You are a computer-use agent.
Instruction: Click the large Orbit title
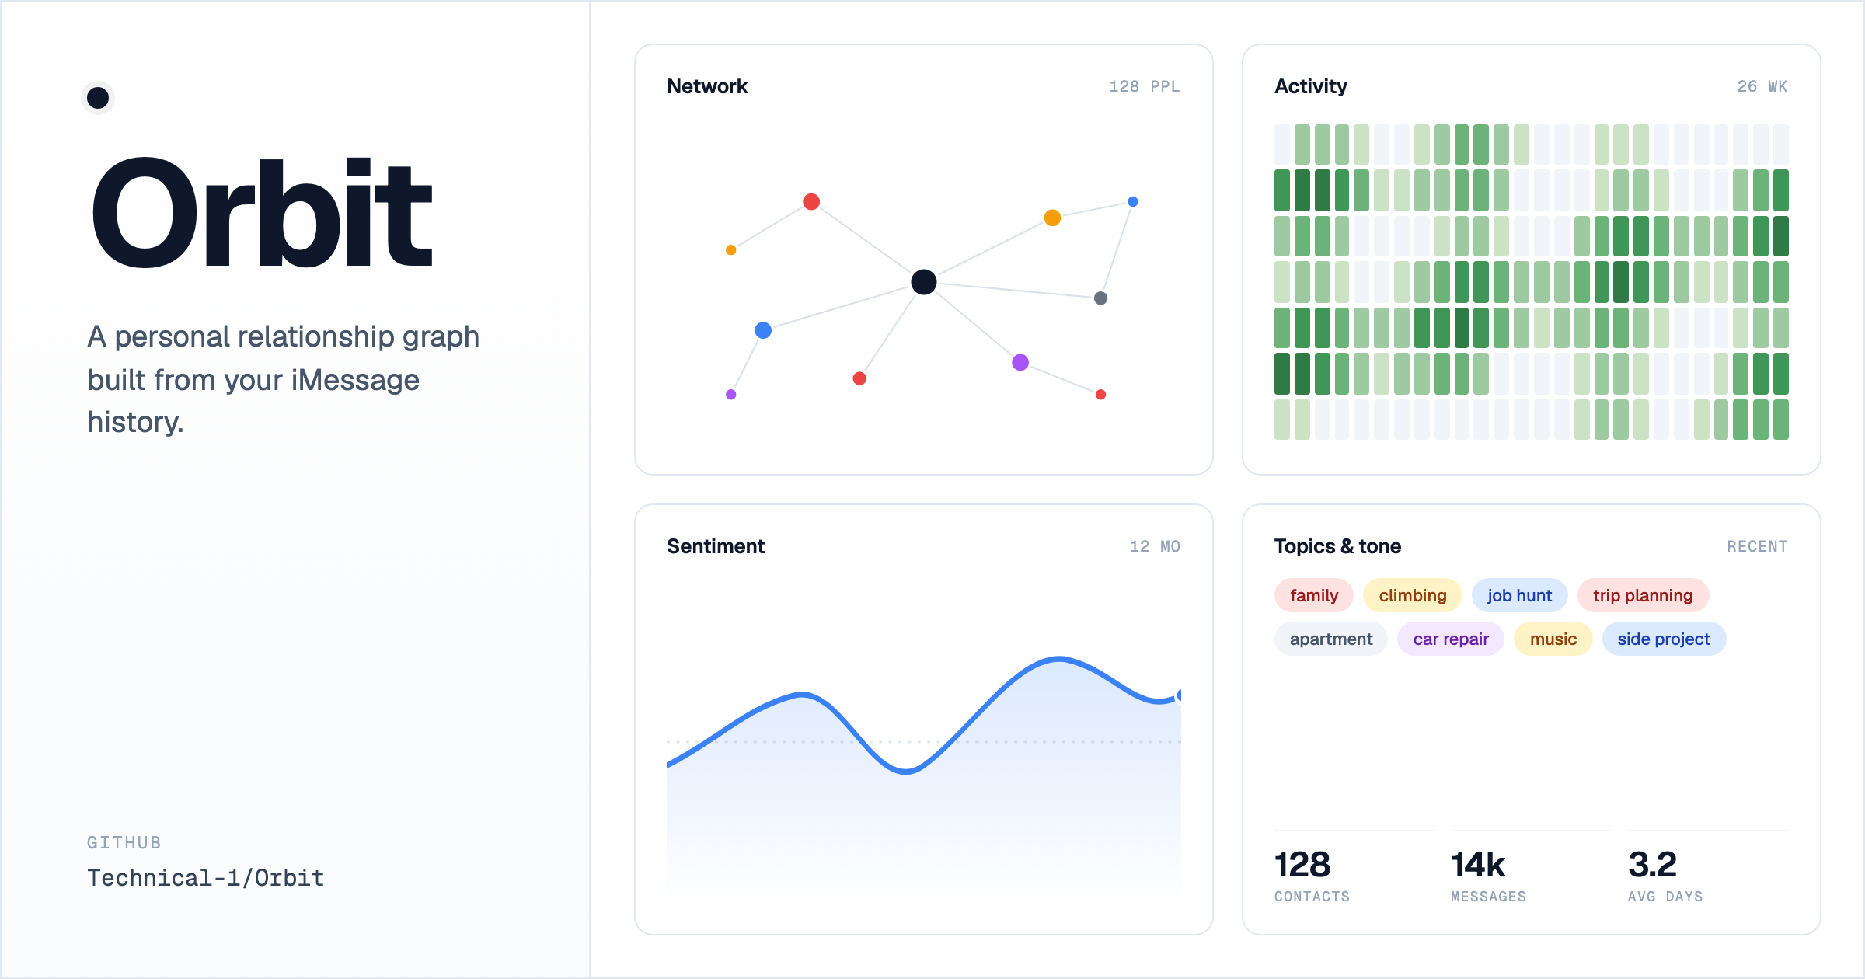coord(262,212)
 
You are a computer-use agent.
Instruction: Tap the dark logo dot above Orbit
coord(98,98)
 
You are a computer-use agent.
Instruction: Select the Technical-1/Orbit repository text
coord(206,878)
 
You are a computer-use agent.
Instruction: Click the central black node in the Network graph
coord(923,282)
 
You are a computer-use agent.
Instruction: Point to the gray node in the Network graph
coord(1100,298)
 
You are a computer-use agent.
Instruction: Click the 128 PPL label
coord(1145,86)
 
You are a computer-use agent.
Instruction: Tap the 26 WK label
coord(1762,86)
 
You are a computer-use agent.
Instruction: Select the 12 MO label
coord(1155,546)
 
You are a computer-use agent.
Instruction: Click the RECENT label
coord(1757,546)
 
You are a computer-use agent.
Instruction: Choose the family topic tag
coord(1314,595)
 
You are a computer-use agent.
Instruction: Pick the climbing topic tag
coord(1413,595)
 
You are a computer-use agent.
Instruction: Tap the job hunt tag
coord(1519,595)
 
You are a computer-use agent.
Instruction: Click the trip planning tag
coord(1643,595)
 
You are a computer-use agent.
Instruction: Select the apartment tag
coord(1331,639)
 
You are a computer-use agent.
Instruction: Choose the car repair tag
coord(1451,639)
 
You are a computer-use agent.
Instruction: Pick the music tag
coord(1553,639)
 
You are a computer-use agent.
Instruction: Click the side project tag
coord(1664,639)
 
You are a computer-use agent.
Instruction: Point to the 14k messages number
coord(1478,865)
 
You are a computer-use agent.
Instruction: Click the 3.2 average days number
coord(1652,865)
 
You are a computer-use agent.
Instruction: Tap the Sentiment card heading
coord(716,546)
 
